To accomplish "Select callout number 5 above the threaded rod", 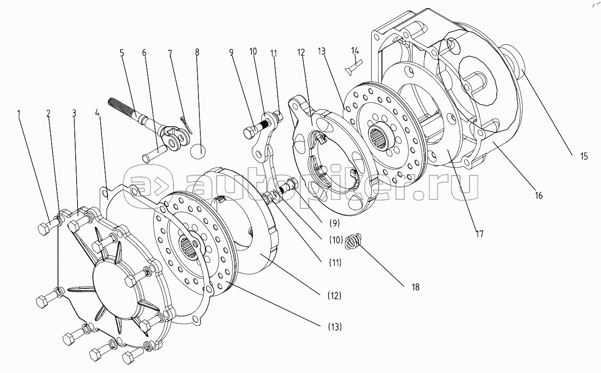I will pyautogui.click(x=121, y=53).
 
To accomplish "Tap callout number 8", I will pyautogui.click(x=197, y=53).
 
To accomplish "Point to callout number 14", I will pyautogui.click(x=354, y=51).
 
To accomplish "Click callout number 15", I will pyautogui.click(x=583, y=157).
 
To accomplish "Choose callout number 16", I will pyautogui.click(x=538, y=196).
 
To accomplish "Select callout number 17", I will pyautogui.click(x=480, y=234).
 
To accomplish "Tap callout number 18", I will pyautogui.click(x=415, y=287).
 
